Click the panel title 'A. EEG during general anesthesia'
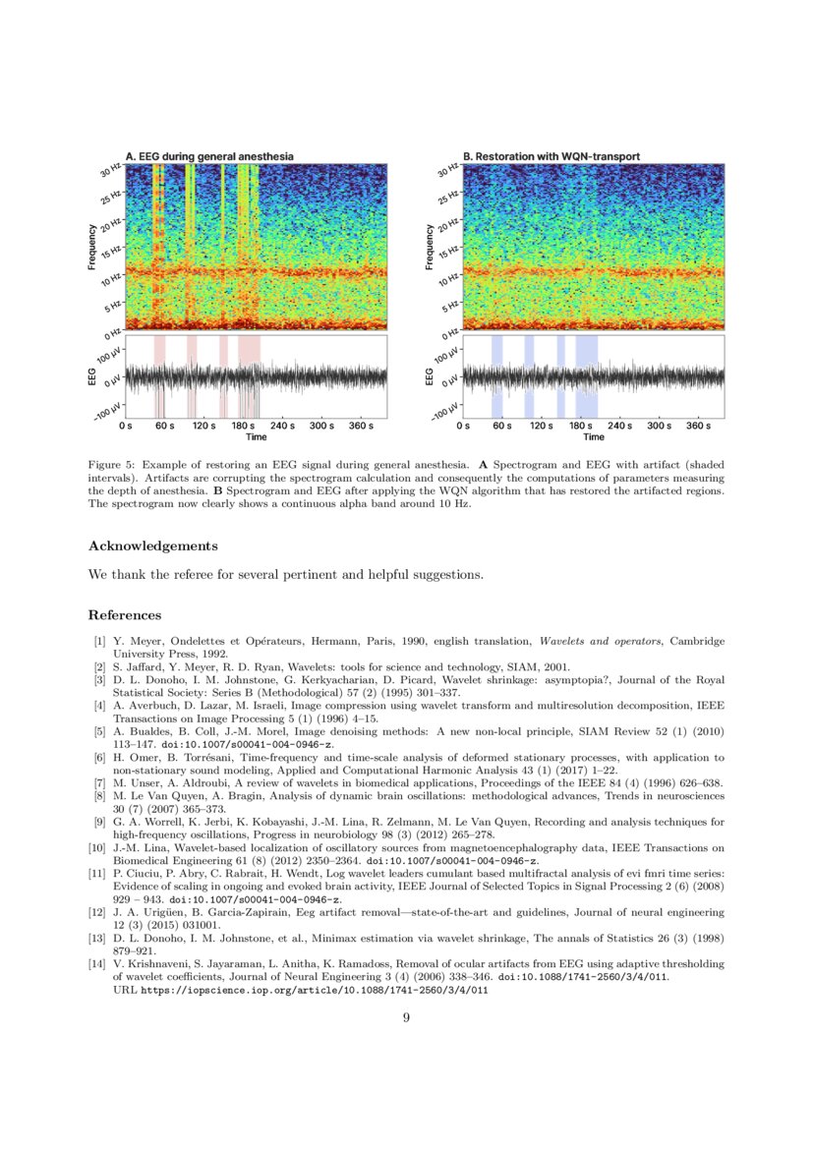(x=208, y=156)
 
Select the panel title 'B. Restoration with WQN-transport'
(x=552, y=156)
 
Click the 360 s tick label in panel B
(x=698, y=427)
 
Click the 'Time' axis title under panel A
(x=256, y=436)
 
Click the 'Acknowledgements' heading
(x=152, y=546)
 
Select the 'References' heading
(x=125, y=615)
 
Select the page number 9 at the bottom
(x=406, y=1017)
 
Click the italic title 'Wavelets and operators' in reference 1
(x=610, y=641)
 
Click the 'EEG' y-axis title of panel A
(x=91, y=377)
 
